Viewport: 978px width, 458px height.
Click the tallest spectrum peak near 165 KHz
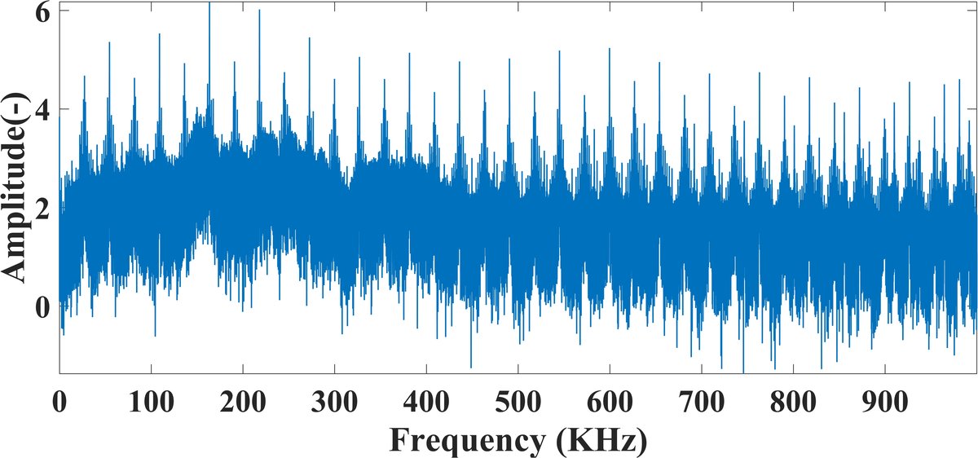click(209, 3)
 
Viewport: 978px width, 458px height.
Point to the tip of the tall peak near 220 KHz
click(259, 11)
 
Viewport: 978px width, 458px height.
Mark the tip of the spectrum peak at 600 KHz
click(610, 49)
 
